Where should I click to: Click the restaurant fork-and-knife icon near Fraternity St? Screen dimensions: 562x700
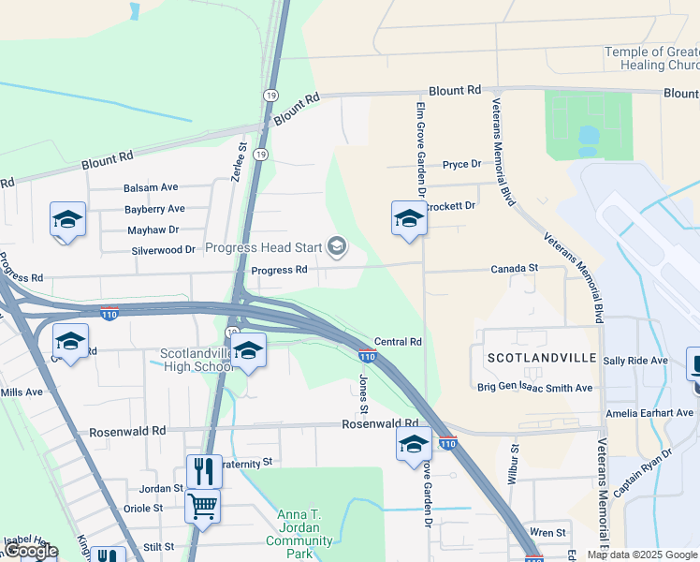[203, 470]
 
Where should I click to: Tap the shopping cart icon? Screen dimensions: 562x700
[203, 507]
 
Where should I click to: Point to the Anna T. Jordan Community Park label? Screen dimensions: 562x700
[299, 534]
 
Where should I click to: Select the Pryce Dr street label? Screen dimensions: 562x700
[461, 164]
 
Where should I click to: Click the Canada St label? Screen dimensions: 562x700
[516, 269]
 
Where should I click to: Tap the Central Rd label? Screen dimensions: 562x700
[399, 342]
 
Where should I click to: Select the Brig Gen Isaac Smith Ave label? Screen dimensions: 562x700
[535, 388]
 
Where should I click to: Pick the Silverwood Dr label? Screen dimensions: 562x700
[164, 250]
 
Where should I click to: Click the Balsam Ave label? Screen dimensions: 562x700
[151, 187]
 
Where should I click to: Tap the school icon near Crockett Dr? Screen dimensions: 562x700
[409, 218]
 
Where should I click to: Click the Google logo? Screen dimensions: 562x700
[31, 552]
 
